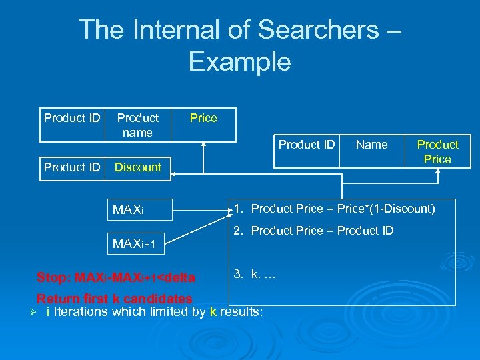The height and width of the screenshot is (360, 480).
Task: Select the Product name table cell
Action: [138, 125]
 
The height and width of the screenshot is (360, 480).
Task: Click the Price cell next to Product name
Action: [203, 118]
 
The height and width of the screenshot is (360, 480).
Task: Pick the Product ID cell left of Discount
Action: [72, 167]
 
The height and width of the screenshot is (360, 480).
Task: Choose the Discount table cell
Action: [138, 167]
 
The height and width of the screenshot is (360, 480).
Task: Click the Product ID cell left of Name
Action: [307, 145]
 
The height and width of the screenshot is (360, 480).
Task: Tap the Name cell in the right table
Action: [372, 145]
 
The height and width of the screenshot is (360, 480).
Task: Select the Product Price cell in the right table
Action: [438, 152]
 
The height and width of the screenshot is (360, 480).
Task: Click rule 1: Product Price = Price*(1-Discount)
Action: [334, 209]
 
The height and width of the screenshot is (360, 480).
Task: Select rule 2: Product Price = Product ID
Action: [313, 231]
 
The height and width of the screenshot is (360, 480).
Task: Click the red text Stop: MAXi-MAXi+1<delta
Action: [116, 277]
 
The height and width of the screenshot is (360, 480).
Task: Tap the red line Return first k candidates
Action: [114, 299]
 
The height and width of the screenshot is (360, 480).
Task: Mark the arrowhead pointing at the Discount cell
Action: [174, 175]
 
